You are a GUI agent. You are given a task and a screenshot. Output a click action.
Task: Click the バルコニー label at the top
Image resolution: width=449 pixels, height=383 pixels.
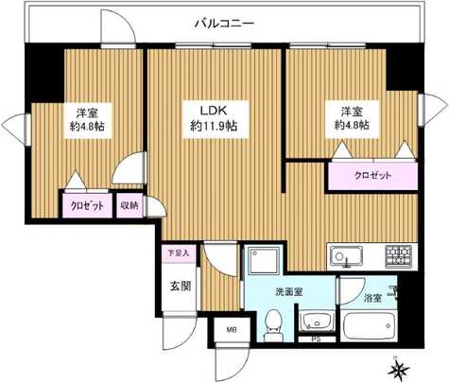point(224,23)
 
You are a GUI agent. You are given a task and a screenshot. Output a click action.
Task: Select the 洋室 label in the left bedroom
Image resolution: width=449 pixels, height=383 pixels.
point(78,112)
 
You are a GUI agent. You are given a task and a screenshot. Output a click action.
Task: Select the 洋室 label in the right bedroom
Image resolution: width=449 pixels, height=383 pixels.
point(341,112)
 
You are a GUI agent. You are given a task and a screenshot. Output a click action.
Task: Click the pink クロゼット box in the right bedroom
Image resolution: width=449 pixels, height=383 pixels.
point(372,176)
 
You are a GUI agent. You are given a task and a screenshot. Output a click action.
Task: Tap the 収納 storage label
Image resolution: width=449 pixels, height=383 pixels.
point(129,204)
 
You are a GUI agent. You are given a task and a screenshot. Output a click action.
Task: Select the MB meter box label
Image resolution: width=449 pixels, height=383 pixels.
point(232,331)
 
